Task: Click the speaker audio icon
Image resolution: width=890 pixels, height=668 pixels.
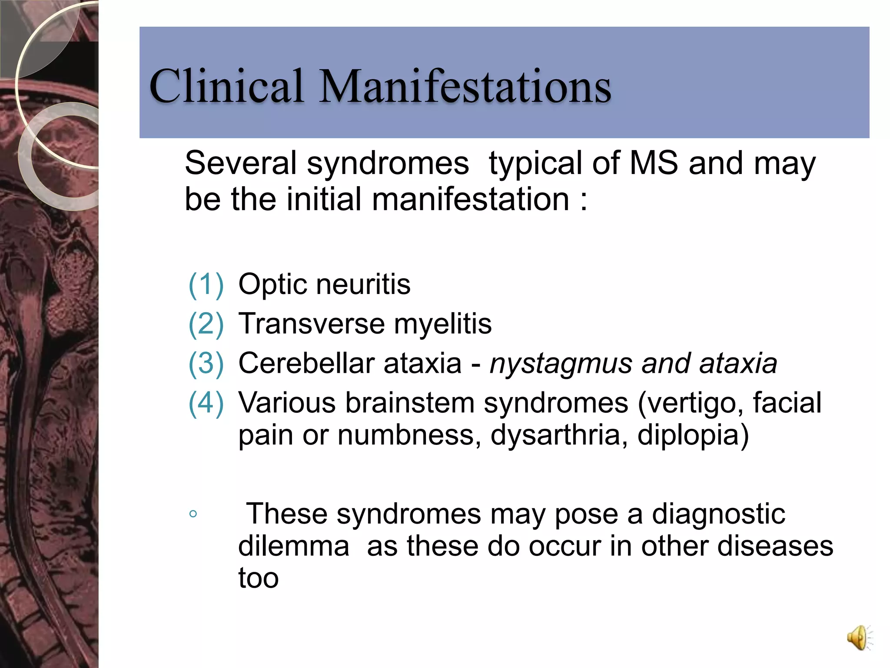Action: (859, 638)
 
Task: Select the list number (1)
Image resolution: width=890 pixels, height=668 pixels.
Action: (206, 284)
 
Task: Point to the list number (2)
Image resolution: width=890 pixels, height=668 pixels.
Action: (206, 324)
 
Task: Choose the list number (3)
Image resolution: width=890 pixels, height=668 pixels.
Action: (206, 363)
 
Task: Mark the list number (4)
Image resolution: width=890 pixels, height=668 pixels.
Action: (206, 402)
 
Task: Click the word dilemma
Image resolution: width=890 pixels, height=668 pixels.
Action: (294, 546)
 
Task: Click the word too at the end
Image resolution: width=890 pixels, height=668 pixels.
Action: (258, 578)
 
